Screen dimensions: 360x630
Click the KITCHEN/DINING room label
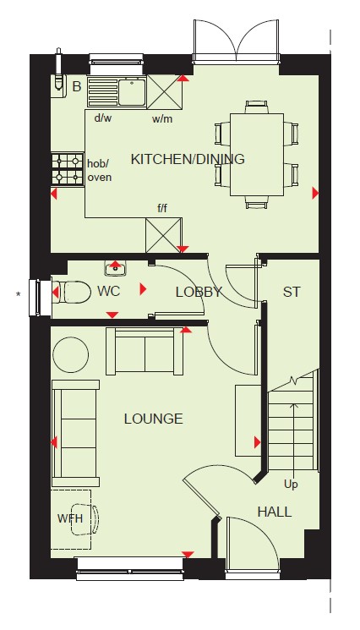[x=188, y=159]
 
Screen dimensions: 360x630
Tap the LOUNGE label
[x=153, y=419]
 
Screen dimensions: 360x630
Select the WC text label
[x=108, y=291]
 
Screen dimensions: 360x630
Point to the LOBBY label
[x=199, y=292]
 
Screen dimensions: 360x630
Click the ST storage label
[x=292, y=292]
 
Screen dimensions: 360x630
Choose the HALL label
[x=275, y=512]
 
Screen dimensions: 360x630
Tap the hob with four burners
[x=68, y=169]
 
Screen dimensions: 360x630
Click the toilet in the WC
[x=71, y=291]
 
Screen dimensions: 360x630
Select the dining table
[x=257, y=155]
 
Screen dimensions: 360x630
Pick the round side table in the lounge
[x=71, y=355]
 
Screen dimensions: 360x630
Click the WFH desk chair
[x=85, y=519]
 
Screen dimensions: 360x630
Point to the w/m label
[x=162, y=119]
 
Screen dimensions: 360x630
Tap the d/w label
[x=103, y=118]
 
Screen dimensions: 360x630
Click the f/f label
[x=162, y=209]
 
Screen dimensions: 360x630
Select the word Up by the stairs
[x=291, y=485]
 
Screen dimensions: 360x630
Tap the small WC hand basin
[x=116, y=268]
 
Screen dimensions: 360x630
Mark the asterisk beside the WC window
[x=18, y=295]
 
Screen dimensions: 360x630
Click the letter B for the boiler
[x=77, y=86]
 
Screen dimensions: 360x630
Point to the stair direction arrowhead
[x=294, y=406]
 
